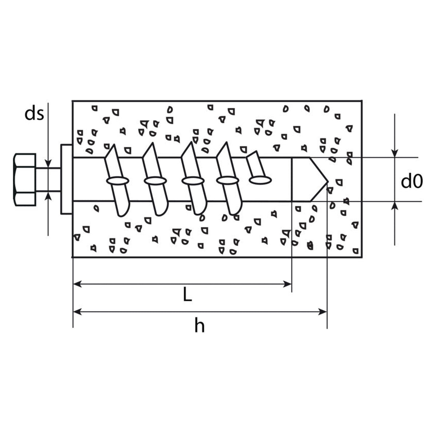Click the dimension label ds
point(34,114)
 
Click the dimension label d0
point(412,181)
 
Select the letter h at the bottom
point(199,326)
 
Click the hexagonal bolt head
point(24,180)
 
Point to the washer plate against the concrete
point(66,179)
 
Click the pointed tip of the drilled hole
point(328,182)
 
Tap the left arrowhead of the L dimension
point(77,284)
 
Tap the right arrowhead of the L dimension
point(287,284)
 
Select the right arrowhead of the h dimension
point(323,312)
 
